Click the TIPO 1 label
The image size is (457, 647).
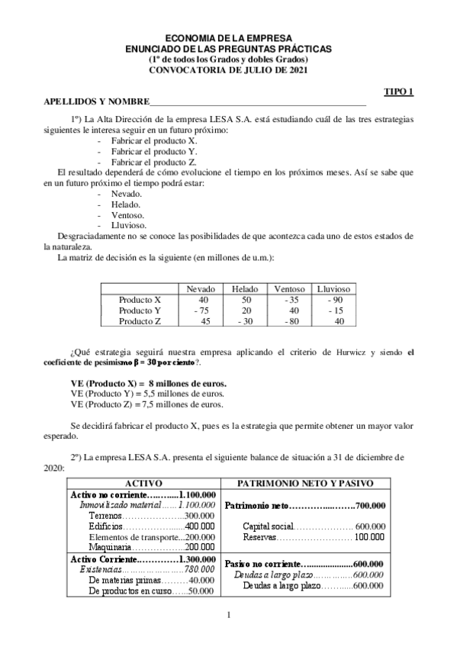[397, 92]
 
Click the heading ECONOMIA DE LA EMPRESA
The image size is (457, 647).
[228, 39]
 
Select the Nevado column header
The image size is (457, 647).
[202, 289]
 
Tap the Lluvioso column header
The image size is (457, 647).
[333, 289]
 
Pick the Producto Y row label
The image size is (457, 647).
[140, 311]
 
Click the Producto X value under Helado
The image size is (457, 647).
[246, 300]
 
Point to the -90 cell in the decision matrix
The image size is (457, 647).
[333, 300]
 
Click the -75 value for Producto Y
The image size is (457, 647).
[201, 311]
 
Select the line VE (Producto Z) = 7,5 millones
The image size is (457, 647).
[146, 404]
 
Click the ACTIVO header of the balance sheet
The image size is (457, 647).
[143, 483]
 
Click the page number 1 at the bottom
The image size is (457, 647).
[229, 615]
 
